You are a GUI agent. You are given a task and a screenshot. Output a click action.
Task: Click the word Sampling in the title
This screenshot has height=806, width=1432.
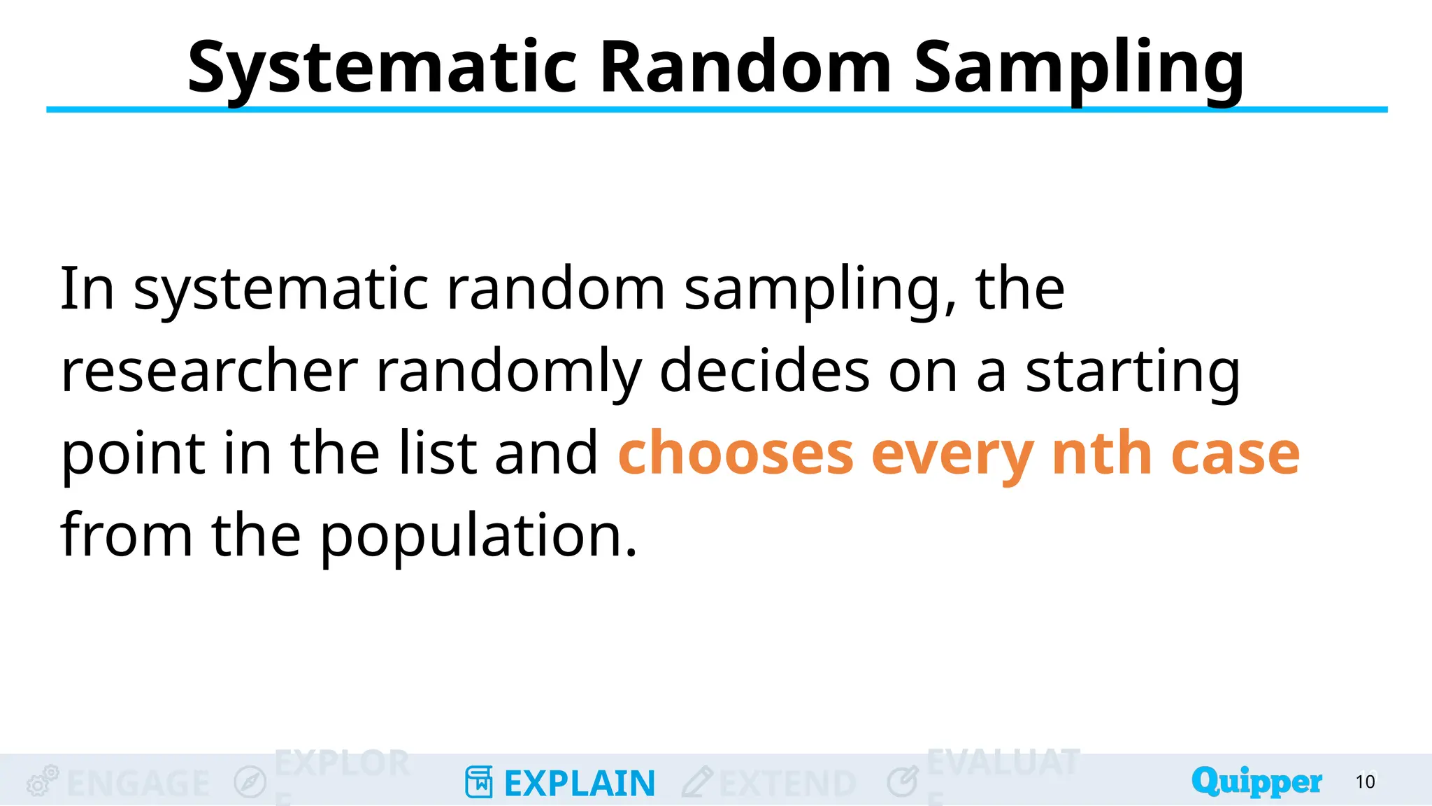(x=1079, y=67)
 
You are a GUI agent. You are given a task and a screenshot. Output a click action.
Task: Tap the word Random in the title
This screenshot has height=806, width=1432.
(x=745, y=67)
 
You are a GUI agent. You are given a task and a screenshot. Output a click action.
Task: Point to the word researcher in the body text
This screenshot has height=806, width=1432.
(x=209, y=371)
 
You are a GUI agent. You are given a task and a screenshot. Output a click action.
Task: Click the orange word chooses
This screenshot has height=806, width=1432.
(x=736, y=453)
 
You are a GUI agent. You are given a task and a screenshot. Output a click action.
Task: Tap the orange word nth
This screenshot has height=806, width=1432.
(x=1101, y=453)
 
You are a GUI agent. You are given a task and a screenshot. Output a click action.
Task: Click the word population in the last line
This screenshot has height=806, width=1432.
(x=478, y=536)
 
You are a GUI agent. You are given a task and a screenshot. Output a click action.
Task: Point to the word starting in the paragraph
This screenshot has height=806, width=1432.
(x=1133, y=371)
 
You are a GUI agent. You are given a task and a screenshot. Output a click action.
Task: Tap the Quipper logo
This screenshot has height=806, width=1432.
(x=1256, y=782)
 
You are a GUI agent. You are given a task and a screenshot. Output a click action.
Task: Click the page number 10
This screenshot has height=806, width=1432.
(x=1365, y=782)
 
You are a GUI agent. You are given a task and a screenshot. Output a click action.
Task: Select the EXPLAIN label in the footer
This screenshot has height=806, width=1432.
(x=579, y=783)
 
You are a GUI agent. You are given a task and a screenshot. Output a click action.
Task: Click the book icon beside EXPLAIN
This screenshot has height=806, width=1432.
(x=479, y=782)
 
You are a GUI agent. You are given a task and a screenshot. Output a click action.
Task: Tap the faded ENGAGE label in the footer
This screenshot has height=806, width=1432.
(x=138, y=783)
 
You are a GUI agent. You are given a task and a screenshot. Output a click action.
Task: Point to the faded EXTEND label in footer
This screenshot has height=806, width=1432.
(x=787, y=783)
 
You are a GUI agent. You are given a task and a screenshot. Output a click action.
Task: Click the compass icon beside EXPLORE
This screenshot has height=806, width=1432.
(x=250, y=782)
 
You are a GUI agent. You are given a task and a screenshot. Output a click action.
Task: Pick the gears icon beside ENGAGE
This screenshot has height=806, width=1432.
(x=42, y=781)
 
